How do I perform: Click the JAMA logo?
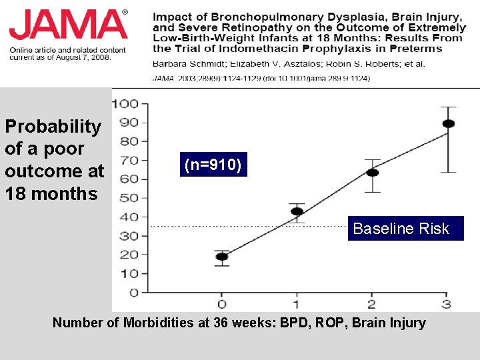click(68, 25)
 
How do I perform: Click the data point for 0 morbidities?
click(222, 257)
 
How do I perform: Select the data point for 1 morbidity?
click(297, 212)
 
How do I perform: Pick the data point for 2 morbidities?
click(372, 173)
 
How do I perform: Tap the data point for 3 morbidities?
click(448, 124)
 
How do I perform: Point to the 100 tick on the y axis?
click(125, 104)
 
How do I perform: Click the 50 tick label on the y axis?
click(129, 198)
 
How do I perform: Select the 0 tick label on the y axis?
click(134, 293)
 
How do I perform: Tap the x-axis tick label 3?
click(447, 305)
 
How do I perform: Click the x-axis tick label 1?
click(297, 305)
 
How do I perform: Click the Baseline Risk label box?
click(405, 229)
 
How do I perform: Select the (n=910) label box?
click(213, 165)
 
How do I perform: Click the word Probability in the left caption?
click(53, 126)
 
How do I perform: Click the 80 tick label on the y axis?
click(129, 141)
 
